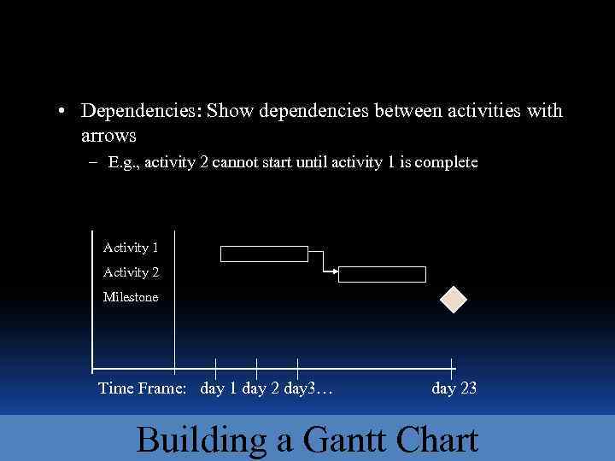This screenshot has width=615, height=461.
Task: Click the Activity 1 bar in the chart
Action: pos(264,254)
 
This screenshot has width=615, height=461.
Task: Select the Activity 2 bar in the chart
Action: pos(382,274)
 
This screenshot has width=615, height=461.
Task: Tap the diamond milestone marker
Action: pos(453,299)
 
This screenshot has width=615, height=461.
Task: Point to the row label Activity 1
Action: pos(131,248)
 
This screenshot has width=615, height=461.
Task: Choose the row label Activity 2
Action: pos(131,272)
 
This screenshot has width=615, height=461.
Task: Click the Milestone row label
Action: pos(131,297)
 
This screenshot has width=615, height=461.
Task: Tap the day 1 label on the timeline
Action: pos(219,389)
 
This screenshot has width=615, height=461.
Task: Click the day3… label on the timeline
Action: pos(308,389)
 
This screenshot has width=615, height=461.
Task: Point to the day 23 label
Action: pos(454,389)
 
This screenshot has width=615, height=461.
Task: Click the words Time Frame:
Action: pos(142,389)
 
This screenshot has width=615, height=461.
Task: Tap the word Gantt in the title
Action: pos(349,440)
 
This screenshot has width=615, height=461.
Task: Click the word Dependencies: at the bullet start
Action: pos(141,111)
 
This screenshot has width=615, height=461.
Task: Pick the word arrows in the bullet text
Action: pos(108,136)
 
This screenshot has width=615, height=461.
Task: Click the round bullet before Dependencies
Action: pos(63,112)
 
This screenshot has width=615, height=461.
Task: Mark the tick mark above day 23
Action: pos(452,367)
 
